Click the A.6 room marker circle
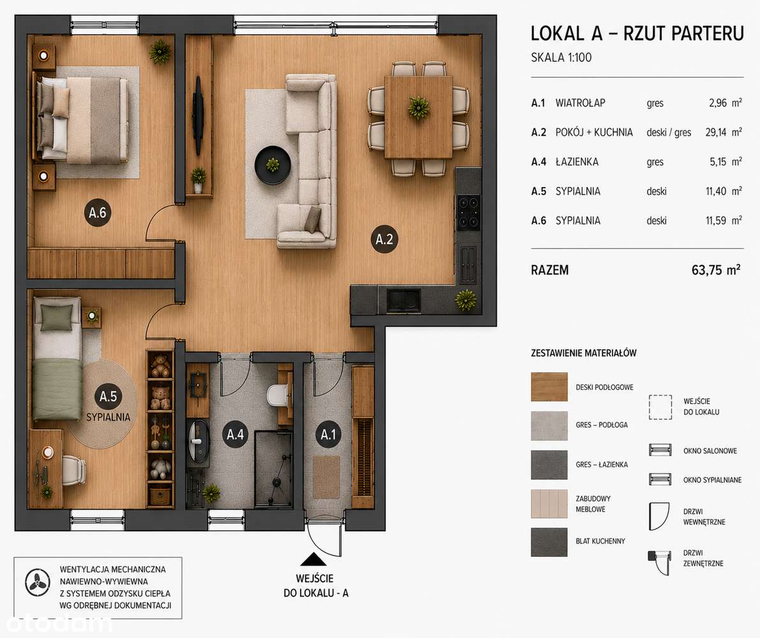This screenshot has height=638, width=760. (x=98, y=212)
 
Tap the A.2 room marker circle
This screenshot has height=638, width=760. (x=384, y=239)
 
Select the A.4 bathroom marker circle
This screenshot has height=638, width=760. (x=235, y=434)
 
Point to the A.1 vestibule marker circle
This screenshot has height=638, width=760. (x=328, y=434)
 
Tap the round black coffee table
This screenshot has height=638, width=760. (x=273, y=165)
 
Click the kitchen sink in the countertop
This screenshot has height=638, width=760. (x=403, y=300)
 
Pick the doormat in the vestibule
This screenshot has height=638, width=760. (x=326, y=477)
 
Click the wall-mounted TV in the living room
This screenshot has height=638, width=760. (x=198, y=114)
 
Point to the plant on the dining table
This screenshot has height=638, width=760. (x=419, y=108)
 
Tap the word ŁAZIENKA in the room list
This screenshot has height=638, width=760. (x=577, y=162)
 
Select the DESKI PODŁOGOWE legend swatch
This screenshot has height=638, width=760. (x=549, y=387)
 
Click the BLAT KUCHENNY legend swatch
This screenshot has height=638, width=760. (x=549, y=542)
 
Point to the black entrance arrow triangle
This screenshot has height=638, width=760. (x=313, y=560)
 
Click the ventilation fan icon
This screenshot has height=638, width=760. (x=37, y=582)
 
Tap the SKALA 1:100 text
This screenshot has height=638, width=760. (x=562, y=57)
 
